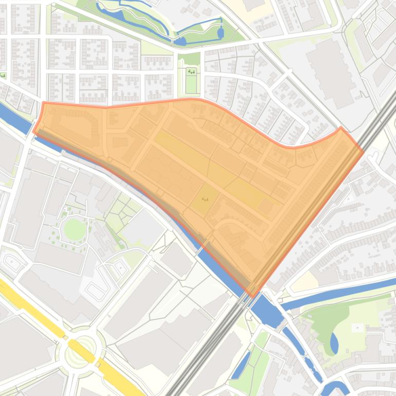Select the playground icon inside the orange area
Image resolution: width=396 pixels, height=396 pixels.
pos(204,199)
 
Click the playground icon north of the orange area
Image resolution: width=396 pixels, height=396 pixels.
pos(191,71)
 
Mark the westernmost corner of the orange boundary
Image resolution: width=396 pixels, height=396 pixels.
pos(34,131)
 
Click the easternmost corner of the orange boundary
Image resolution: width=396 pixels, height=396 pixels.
pos(363,150)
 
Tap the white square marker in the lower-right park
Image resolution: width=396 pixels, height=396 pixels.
pos(357,328)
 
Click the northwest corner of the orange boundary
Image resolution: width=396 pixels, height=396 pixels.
pos(44,103)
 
